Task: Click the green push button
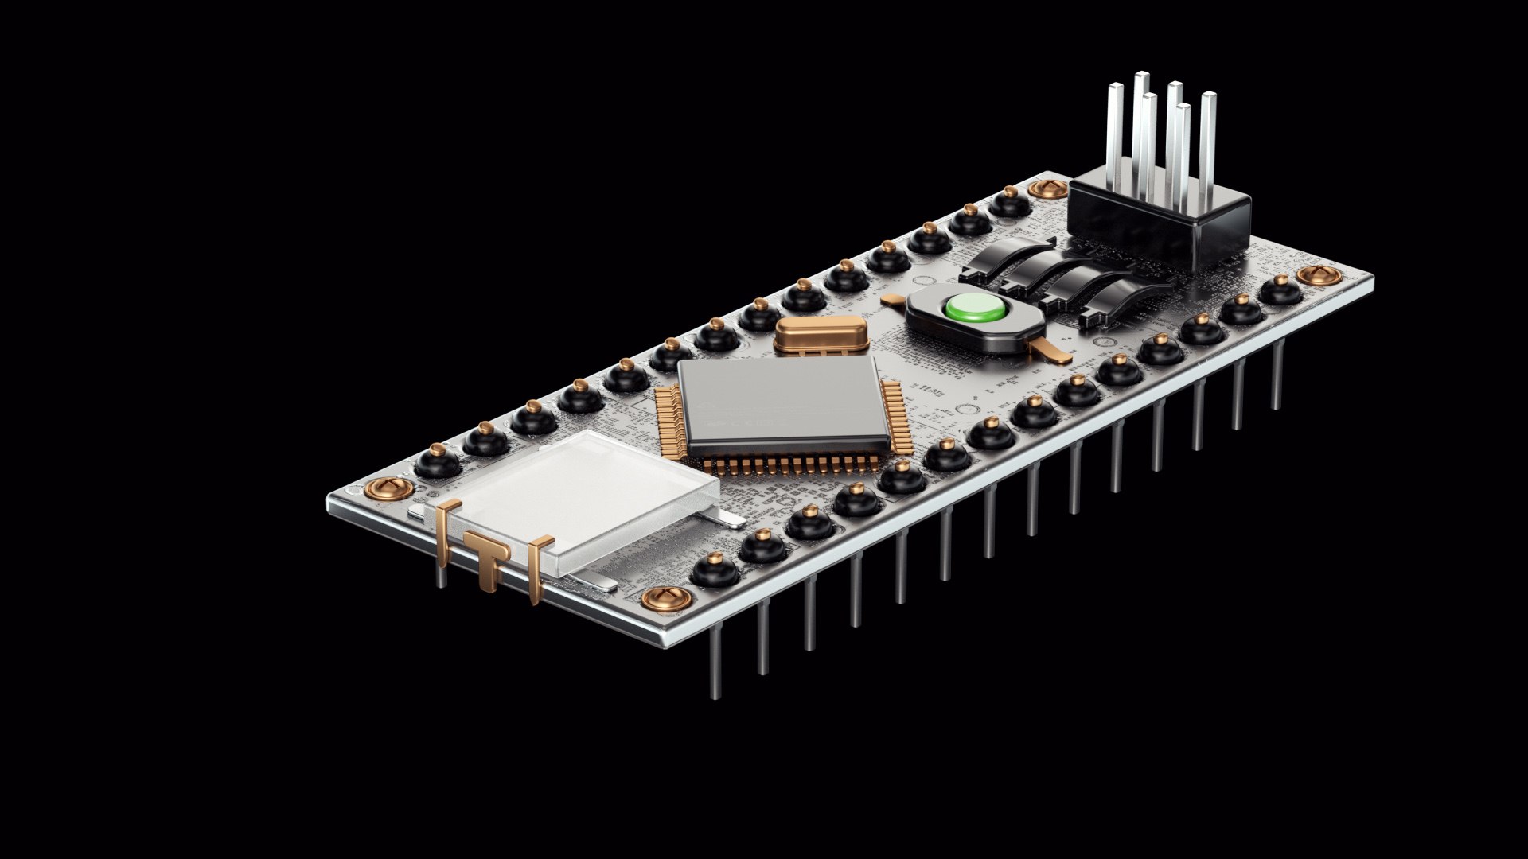pos(975,308)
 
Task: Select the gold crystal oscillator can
pos(821,332)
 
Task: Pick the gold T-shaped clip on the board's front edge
pos(486,557)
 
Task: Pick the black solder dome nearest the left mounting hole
pos(437,461)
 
